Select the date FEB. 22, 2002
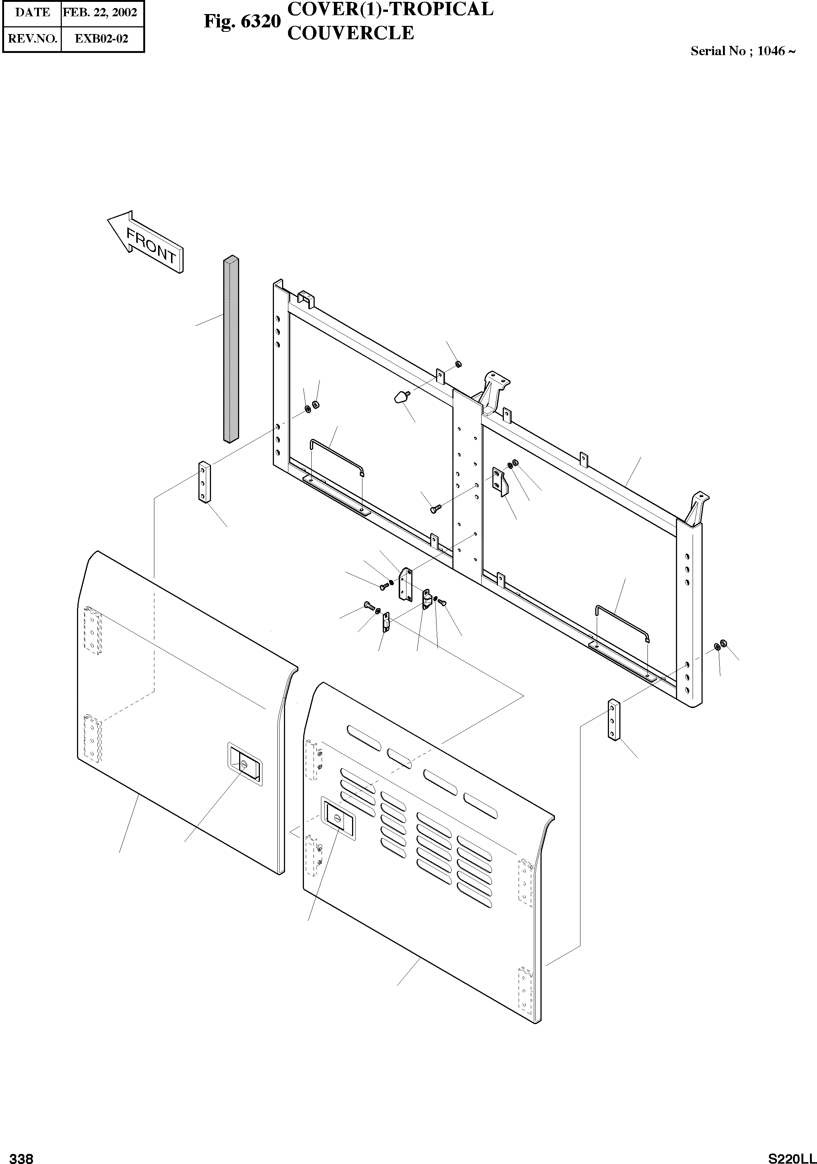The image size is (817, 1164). (100, 13)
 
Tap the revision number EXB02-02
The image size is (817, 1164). (101, 39)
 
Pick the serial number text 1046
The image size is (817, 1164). (771, 51)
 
